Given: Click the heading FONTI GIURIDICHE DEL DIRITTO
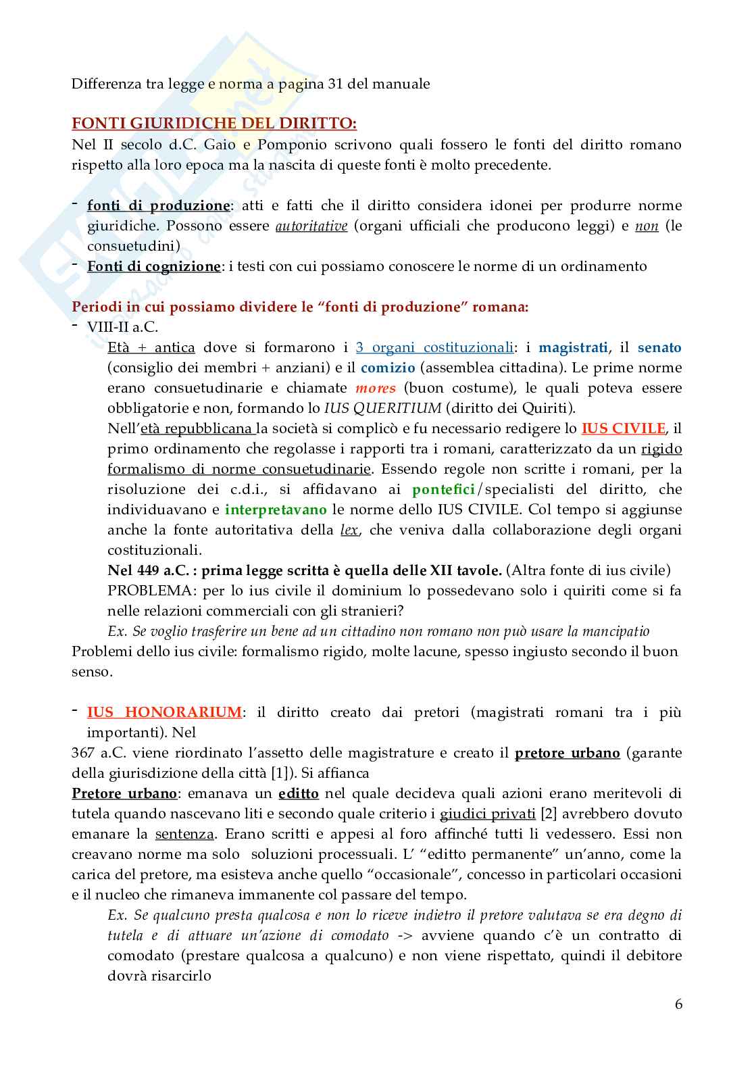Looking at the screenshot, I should tap(214, 124).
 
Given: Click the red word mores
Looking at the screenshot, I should tap(375, 388).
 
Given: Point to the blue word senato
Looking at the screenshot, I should tap(659, 347).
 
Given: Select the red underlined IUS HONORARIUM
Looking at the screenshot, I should tap(164, 712).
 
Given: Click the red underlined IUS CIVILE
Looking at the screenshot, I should tap(624, 428).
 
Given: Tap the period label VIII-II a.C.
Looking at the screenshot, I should tap(122, 327).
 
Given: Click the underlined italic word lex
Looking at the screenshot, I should tap(349, 530).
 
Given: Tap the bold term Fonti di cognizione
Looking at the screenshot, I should tap(153, 266).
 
